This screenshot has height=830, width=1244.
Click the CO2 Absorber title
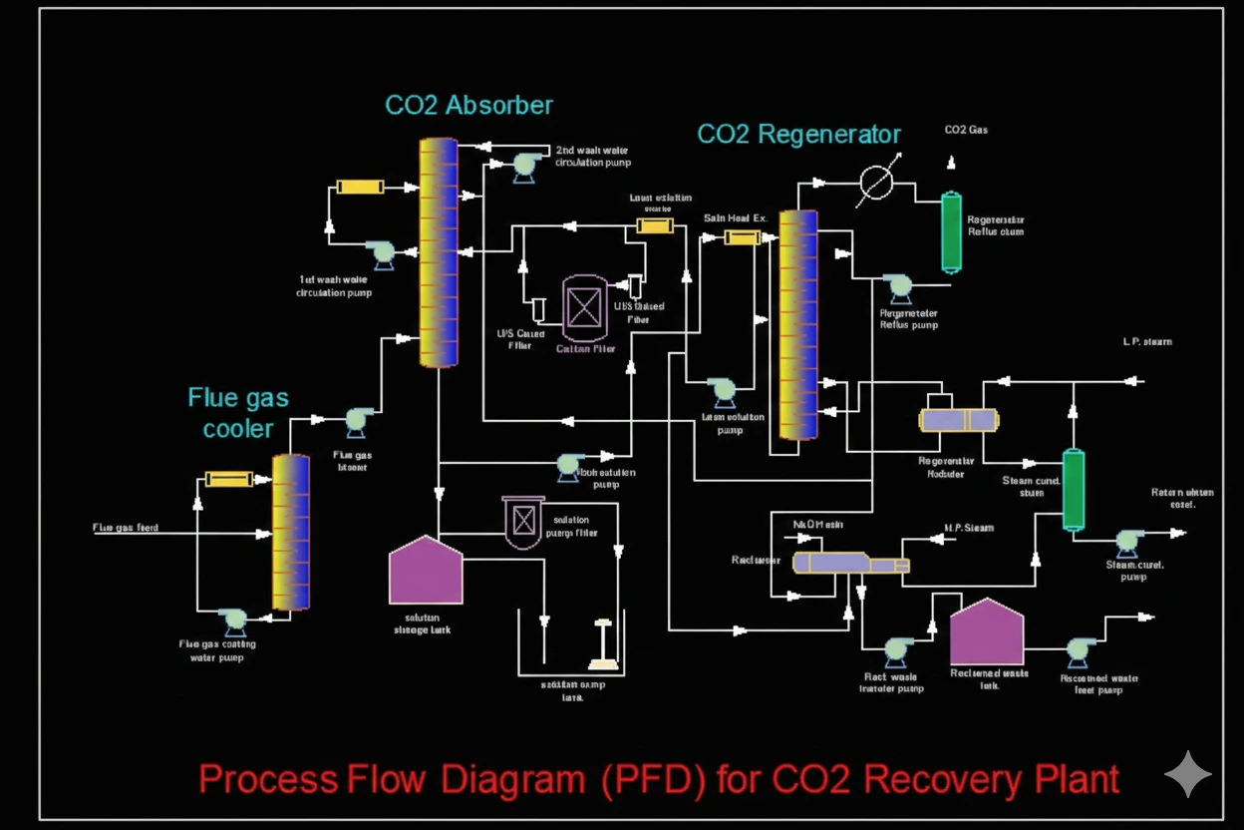[x=468, y=105]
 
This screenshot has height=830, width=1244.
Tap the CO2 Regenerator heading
[x=798, y=135]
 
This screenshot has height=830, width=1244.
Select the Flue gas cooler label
[x=238, y=413]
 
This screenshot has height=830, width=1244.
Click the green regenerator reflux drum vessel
[x=952, y=231]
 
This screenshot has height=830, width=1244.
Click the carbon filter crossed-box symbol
[x=584, y=307]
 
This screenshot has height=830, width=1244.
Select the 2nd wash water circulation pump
[x=523, y=165]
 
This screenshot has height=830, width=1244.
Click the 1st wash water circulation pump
[x=380, y=253]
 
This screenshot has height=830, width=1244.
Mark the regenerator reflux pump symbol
[x=900, y=287]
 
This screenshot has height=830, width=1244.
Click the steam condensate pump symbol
[x=1126, y=542]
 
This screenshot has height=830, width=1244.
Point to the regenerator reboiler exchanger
[x=958, y=420]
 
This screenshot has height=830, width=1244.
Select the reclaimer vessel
[x=849, y=564]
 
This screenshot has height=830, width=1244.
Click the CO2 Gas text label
[x=966, y=131]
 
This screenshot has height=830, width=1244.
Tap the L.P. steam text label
[x=1146, y=342]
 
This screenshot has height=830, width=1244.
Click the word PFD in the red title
[x=649, y=779]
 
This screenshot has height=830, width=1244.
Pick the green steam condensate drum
[x=1073, y=490]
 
